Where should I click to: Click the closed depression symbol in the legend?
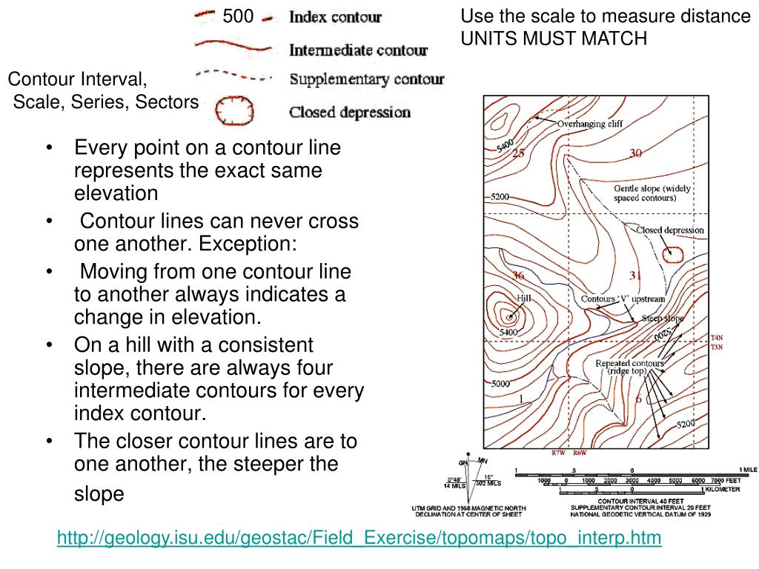pyautogui.click(x=234, y=111)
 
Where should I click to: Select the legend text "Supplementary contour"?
pyautogui.click(x=366, y=79)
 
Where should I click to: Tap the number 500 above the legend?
pyautogui.click(x=238, y=16)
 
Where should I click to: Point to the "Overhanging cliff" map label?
pyautogui.click(x=590, y=124)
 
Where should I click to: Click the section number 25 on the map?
pyautogui.click(x=518, y=153)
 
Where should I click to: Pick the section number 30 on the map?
pyautogui.click(x=636, y=153)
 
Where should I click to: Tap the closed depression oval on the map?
pyautogui.click(x=673, y=255)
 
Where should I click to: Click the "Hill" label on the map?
pyautogui.click(x=524, y=298)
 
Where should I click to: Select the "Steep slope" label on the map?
pyautogui.click(x=663, y=318)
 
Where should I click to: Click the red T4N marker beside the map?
pyautogui.click(x=716, y=338)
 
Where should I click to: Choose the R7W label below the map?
pyautogui.click(x=558, y=453)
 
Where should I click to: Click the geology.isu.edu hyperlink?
pyautogui.click(x=359, y=538)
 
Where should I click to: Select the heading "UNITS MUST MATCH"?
pyautogui.click(x=554, y=39)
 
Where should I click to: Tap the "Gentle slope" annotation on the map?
pyautogui.click(x=652, y=193)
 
